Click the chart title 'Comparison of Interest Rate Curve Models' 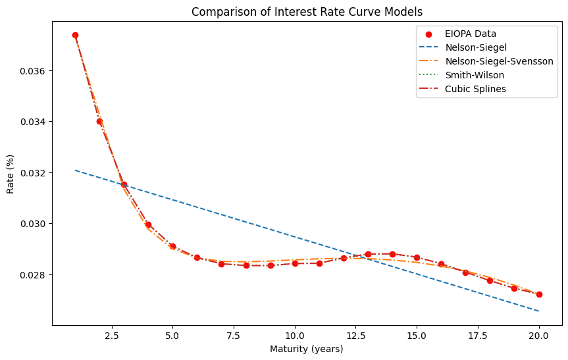click(307, 11)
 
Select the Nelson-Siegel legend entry click(470, 47)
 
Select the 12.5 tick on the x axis click(356, 335)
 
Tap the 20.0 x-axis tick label click(539, 335)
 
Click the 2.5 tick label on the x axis click(112, 335)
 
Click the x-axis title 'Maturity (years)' click(307, 349)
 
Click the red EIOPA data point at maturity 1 click(75, 35)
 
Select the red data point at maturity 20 click(539, 294)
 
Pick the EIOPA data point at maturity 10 click(295, 263)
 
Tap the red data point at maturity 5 click(172, 246)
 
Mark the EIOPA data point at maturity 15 click(417, 257)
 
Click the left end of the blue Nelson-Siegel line click(75, 170)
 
